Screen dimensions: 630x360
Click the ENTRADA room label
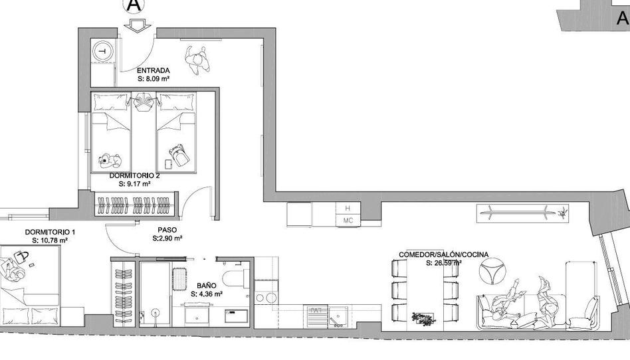click(x=153, y=70)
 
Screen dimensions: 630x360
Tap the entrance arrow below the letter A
click(x=137, y=26)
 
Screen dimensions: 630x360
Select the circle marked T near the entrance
click(x=102, y=51)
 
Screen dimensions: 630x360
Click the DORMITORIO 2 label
click(x=135, y=175)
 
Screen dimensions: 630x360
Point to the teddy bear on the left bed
click(x=110, y=160)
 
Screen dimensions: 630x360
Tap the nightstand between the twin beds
click(x=144, y=101)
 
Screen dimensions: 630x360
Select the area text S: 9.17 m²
click(x=135, y=184)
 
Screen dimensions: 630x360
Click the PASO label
click(x=167, y=230)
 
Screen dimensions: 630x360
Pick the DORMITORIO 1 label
click(x=50, y=232)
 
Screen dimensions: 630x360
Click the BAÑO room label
click(x=207, y=286)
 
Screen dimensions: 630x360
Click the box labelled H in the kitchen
click(x=348, y=209)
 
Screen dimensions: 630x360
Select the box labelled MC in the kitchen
click(x=348, y=221)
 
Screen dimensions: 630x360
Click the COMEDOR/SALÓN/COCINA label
click(x=443, y=255)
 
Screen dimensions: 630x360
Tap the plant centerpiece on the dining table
click(x=423, y=318)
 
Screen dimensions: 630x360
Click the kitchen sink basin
click(x=338, y=317)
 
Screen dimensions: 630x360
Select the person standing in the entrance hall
click(x=197, y=60)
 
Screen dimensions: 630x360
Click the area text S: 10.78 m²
click(x=50, y=240)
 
